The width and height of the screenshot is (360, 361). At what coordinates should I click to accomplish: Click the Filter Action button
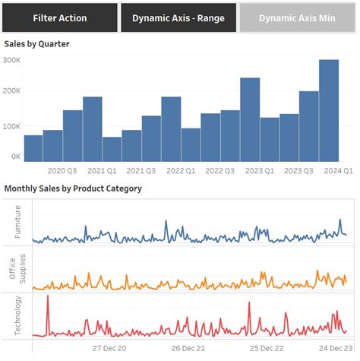(59, 17)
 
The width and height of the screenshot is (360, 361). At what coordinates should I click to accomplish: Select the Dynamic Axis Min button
(297, 17)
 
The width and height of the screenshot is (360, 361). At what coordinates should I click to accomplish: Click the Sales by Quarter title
(36, 44)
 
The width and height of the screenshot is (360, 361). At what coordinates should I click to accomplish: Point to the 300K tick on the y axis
(12, 60)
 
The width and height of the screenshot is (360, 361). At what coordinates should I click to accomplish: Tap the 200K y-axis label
(12, 90)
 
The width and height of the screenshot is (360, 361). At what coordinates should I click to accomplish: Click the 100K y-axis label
(12, 125)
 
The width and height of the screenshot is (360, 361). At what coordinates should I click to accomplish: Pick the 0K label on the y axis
(15, 156)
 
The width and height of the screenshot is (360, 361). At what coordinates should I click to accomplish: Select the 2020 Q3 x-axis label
(62, 172)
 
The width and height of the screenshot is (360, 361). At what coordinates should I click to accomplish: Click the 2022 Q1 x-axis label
(180, 172)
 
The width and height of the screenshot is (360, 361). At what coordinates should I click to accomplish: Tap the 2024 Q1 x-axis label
(338, 172)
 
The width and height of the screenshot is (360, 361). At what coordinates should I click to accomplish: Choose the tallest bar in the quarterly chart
(328, 110)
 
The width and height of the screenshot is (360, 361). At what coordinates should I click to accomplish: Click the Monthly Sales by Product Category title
(73, 188)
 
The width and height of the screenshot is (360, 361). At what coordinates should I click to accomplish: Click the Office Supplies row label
(17, 268)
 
